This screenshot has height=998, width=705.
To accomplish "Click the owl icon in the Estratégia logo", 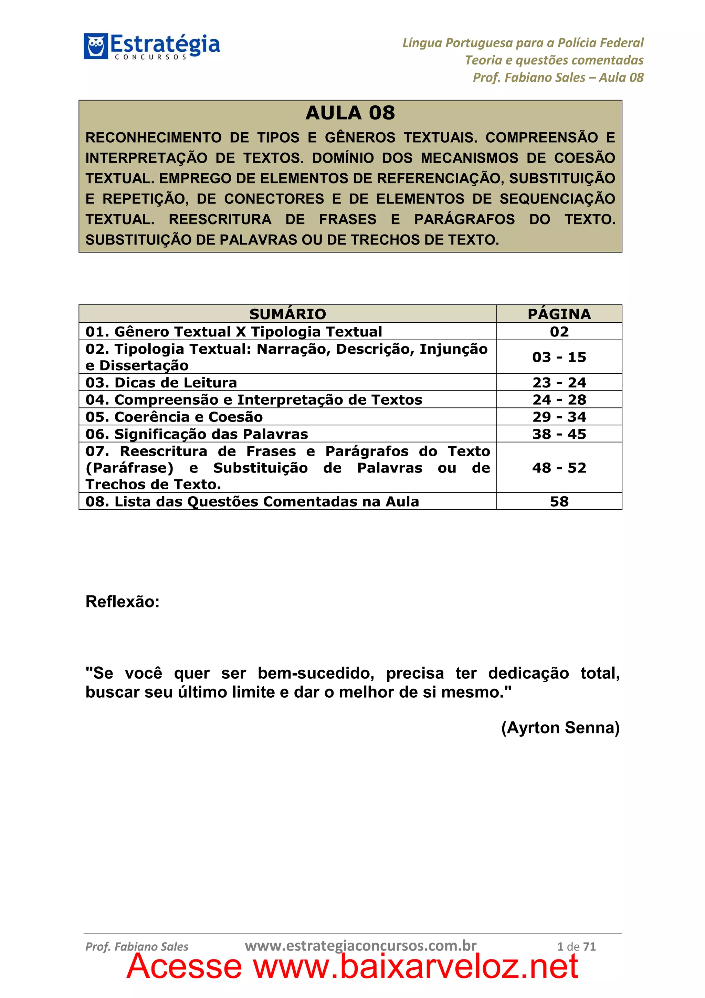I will tap(96, 46).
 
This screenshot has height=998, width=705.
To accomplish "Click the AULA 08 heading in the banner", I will tap(350, 113).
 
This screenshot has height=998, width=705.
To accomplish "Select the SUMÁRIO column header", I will tap(287, 314).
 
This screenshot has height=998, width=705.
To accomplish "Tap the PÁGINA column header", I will tap(559, 314).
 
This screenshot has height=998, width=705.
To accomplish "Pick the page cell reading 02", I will tap(559, 332).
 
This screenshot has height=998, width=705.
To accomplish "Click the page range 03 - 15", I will tap(559, 357).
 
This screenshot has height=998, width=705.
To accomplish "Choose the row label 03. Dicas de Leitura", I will tap(161, 383).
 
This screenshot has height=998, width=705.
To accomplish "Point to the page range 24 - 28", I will tap(559, 399).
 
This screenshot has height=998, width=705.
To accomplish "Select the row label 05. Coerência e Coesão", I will tap(174, 417).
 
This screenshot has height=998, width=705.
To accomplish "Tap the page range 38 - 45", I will tap(559, 434).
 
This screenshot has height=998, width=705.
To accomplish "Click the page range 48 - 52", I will tap(559, 468).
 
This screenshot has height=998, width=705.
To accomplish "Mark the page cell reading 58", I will tap(559, 502).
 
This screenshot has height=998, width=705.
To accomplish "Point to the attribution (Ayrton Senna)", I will tap(560, 728).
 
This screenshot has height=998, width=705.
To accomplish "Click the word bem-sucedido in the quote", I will tap(316, 673).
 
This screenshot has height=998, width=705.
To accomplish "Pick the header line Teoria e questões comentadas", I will tap(554, 60).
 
